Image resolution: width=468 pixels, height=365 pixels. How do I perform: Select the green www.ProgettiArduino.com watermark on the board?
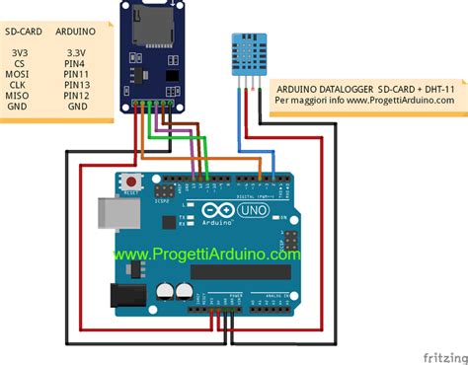205,254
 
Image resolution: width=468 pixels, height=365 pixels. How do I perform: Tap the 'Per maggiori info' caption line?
311,101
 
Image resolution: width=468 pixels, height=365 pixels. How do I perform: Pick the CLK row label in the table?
17,84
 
